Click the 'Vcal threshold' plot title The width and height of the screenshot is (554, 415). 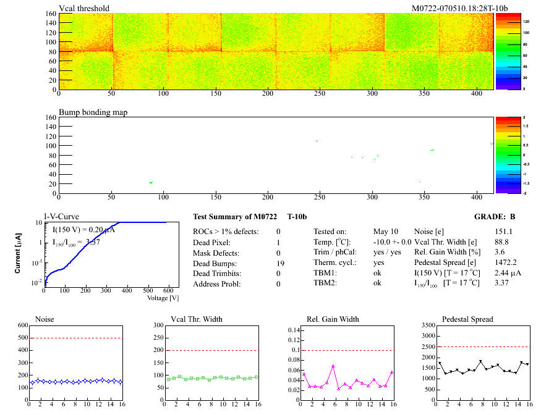point(84,8)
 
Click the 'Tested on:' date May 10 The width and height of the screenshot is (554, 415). point(386,232)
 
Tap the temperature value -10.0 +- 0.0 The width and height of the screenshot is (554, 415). point(393,242)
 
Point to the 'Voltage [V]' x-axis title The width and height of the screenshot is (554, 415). point(163,298)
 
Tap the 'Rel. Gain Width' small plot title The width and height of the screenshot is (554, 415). point(333,319)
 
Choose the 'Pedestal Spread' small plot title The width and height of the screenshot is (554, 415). point(467,319)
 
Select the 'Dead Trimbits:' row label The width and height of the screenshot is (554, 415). point(218,274)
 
